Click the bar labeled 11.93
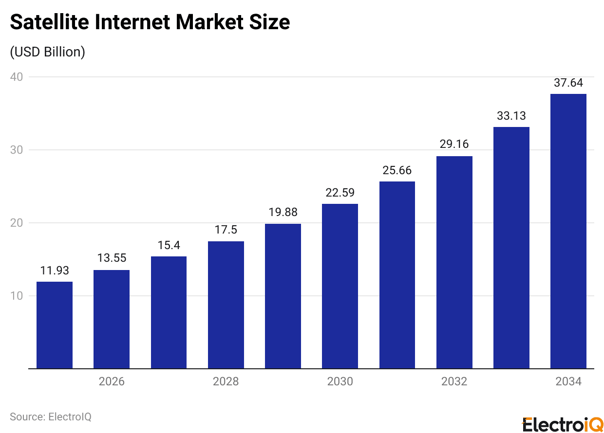tap(55, 325)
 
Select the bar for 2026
tap(112, 319)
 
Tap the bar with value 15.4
tap(169, 312)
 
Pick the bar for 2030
tap(340, 286)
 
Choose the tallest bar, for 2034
tap(568, 231)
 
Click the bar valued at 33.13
tap(511, 248)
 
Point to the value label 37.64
tap(568, 83)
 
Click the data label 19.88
tap(283, 213)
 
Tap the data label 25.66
tap(397, 170)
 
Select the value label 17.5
tap(226, 230)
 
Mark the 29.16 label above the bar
tap(454, 145)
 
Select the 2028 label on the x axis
tap(226, 381)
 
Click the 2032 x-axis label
tap(454, 381)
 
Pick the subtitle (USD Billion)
tap(47, 52)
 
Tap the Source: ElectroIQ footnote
tap(51, 417)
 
